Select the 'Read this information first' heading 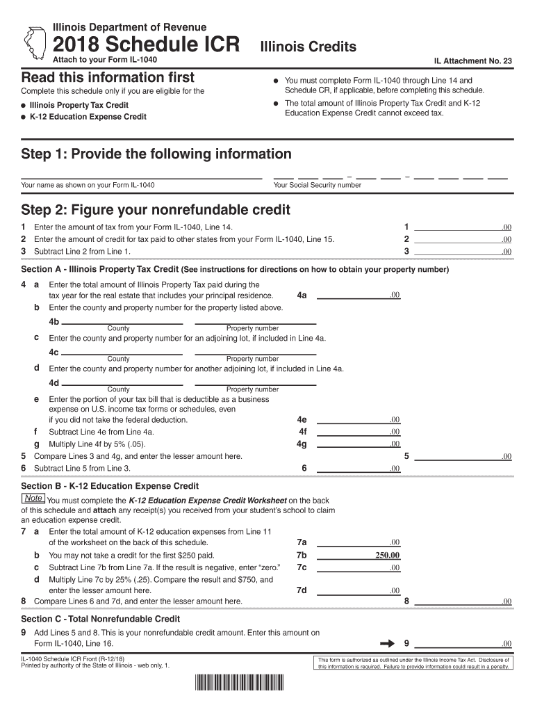click(x=108, y=77)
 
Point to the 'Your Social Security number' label click(x=318, y=186)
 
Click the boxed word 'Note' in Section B click(x=33, y=499)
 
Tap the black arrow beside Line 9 click(x=387, y=643)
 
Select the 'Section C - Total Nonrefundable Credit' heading click(x=101, y=619)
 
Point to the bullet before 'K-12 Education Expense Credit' click(x=24, y=117)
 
